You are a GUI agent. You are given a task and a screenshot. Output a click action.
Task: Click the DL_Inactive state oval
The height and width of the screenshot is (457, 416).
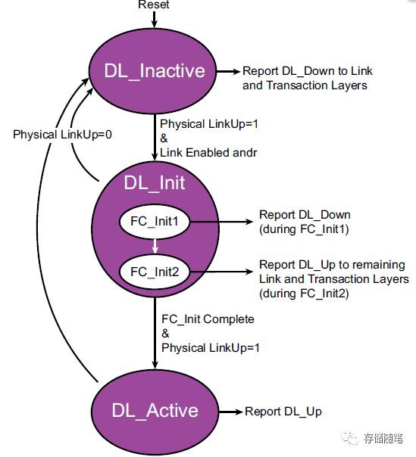[155, 71]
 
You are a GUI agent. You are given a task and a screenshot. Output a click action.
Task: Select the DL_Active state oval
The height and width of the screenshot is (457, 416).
[155, 411]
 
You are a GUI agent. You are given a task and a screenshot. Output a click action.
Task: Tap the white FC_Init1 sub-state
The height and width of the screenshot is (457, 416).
[155, 222]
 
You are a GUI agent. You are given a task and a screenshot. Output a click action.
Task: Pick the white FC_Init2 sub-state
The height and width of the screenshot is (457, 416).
[155, 270]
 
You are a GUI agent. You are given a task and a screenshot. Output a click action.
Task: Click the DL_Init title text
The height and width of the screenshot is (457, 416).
[155, 182]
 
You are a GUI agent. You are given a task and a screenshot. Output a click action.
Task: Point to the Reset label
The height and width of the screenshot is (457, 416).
[154, 5]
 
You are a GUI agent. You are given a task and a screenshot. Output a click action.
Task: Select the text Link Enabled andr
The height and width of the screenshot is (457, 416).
[208, 152]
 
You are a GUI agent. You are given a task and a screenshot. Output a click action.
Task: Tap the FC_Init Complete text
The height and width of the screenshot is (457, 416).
[208, 319]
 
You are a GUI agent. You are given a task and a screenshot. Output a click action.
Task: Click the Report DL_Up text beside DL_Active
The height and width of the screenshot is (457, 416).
[283, 411]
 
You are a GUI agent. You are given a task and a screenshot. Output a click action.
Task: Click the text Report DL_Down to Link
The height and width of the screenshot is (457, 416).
[308, 71]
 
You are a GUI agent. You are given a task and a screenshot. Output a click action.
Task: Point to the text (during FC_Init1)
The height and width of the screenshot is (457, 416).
[302, 229]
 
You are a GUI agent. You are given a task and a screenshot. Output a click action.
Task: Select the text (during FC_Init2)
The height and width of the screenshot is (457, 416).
[304, 293]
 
